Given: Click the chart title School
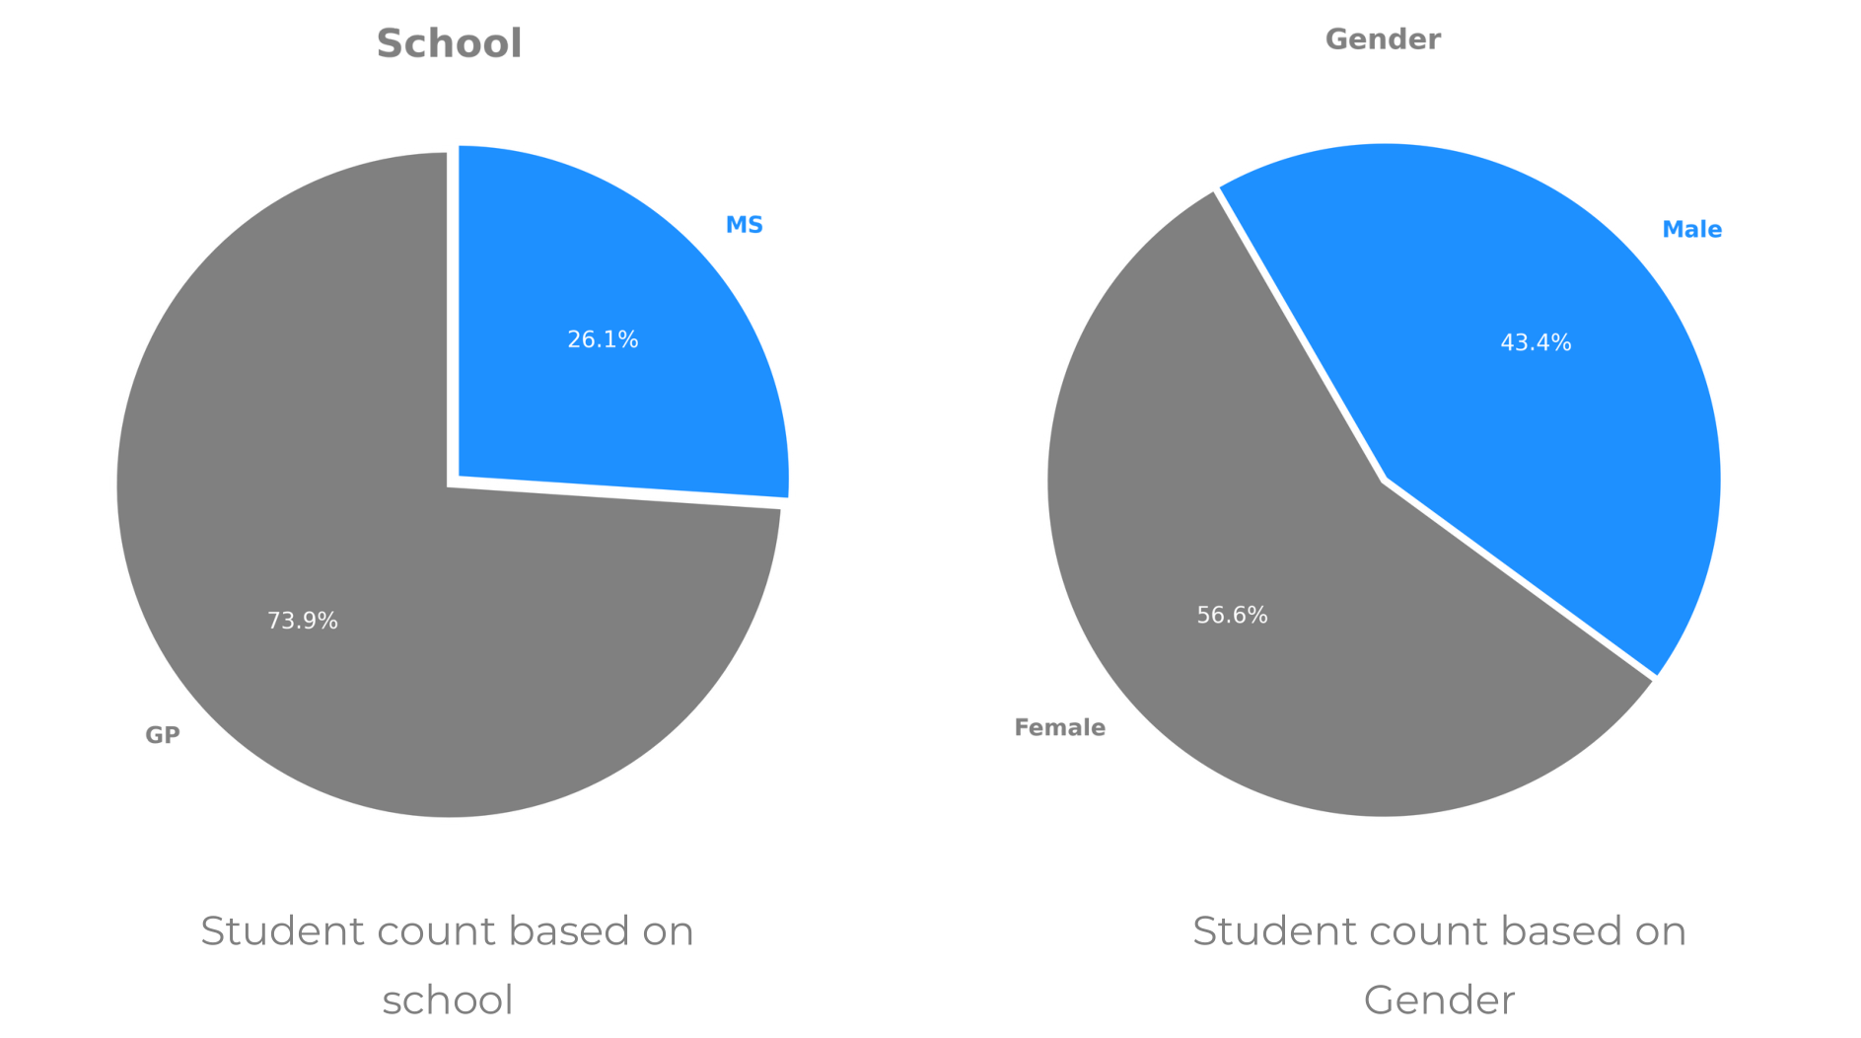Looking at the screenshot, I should (449, 44).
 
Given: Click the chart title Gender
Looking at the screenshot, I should (1382, 39).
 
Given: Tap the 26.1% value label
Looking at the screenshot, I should (603, 339).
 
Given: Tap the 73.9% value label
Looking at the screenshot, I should (303, 621).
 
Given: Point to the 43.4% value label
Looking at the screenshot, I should (1536, 342).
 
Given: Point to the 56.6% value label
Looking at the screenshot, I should (1232, 616).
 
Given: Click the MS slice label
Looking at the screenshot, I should (744, 225).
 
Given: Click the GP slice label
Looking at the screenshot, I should (163, 735).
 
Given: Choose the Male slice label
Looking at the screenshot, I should (1691, 230).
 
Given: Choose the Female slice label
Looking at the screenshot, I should (1059, 728).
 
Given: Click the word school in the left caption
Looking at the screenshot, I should (448, 1001).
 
